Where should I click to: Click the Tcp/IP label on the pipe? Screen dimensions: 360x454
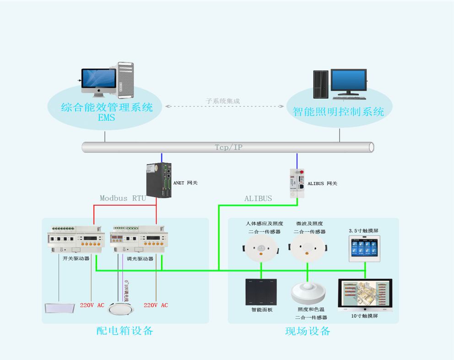tap(228, 147)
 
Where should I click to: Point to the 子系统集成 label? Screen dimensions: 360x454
tap(223, 101)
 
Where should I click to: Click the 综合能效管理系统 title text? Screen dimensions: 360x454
tap(107, 108)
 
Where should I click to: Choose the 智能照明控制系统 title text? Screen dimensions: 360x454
tap(338, 111)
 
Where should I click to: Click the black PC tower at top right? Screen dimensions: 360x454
tap(321, 84)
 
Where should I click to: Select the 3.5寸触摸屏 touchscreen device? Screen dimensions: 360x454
tap(364, 249)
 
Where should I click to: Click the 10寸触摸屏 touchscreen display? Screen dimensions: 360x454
tap(365, 295)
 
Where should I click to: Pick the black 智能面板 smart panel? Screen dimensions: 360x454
tap(261, 292)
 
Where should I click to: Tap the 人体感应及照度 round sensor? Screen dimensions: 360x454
tap(261, 250)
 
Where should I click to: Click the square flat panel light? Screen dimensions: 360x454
tap(59, 308)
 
